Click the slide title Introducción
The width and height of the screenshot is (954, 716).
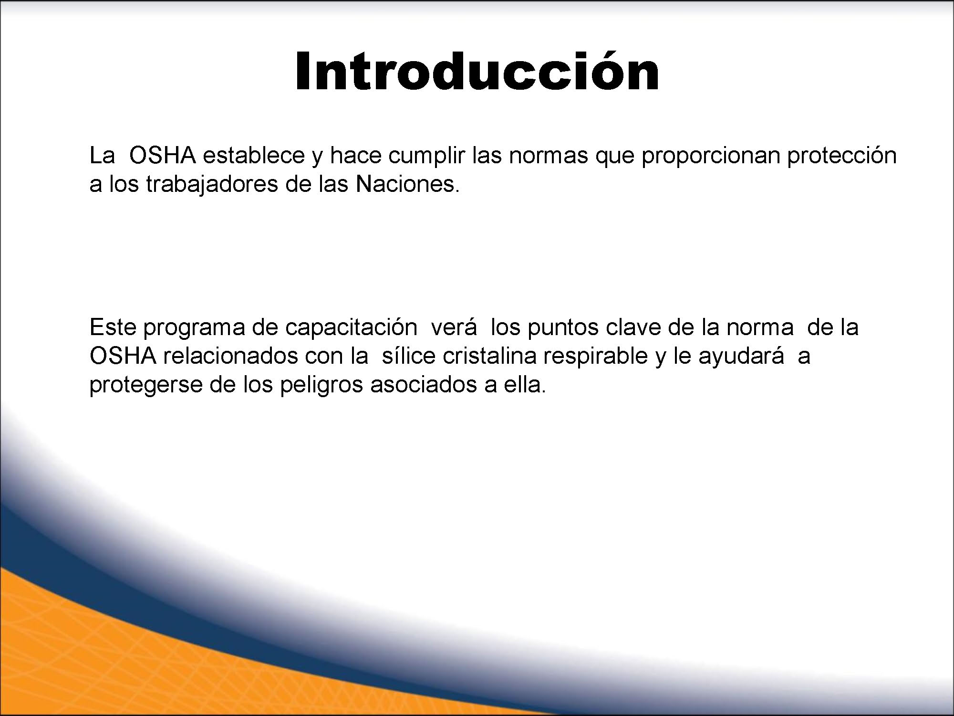point(477,72)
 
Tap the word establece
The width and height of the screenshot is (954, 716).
point(254,156)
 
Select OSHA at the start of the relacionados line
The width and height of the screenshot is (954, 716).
point(123,356)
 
